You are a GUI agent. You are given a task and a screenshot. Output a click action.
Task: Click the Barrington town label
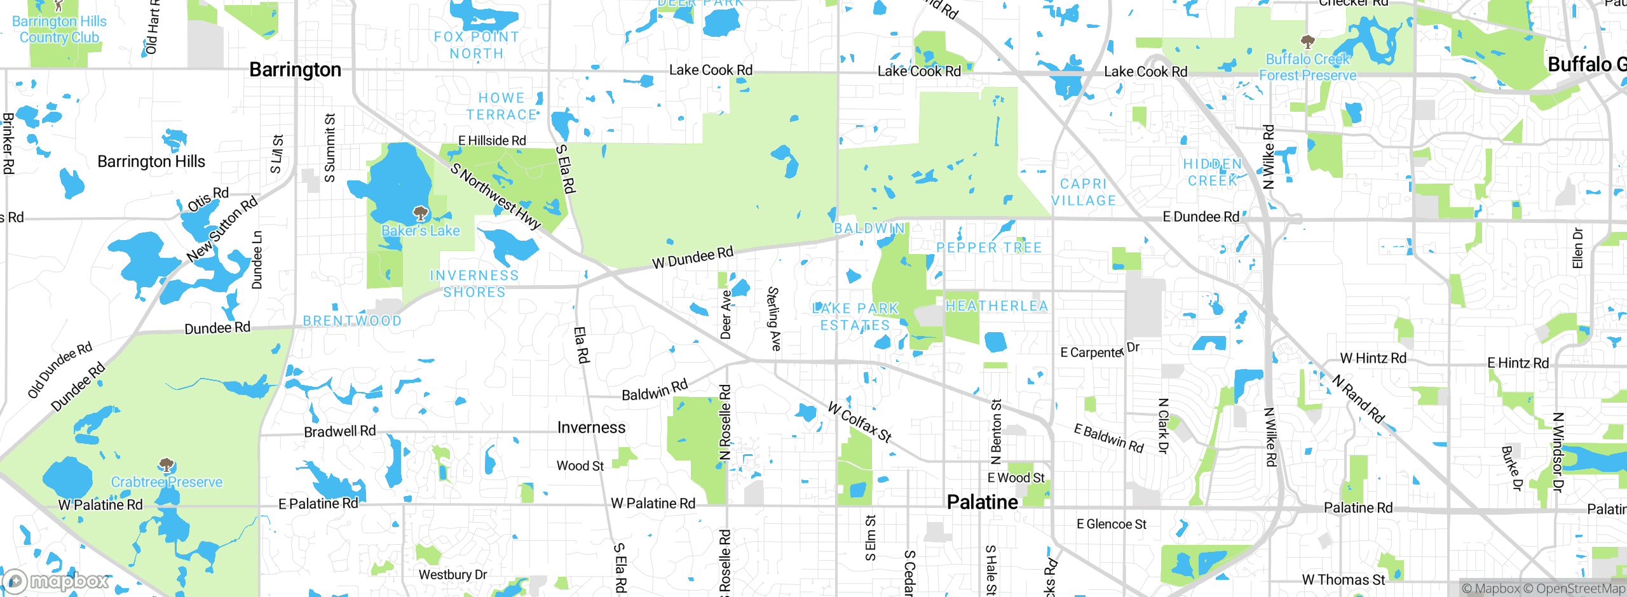pos(295,70)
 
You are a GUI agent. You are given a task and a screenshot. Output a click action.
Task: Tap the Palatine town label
pos(982,502)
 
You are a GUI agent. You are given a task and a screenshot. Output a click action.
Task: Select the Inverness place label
pos(591,427)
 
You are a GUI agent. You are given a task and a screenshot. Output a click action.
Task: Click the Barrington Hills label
pos(151,161)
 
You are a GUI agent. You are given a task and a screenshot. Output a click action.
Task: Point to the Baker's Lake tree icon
pos(420,213)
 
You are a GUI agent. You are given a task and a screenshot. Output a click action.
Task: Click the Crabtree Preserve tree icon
pos(167,466)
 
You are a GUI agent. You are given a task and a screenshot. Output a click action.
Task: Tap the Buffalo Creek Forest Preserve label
pos(1307,67)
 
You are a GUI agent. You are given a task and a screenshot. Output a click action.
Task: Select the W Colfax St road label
pos(860,422)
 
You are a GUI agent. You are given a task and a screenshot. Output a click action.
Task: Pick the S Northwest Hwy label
pos(495,196)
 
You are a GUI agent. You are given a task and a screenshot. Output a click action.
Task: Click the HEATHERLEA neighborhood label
pos(997,306)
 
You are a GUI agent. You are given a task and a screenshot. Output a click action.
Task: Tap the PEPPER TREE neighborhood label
pos(989,248)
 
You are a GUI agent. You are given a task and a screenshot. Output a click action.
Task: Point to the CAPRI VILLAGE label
pos(1084,192)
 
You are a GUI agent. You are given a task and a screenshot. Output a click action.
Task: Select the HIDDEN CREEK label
pos(1212,172)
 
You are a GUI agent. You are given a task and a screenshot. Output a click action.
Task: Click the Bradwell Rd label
pos(339,432)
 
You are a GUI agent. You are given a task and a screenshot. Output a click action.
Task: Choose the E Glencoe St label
pos(1111,524)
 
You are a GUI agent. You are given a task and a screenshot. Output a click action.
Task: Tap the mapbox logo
pos(56,581)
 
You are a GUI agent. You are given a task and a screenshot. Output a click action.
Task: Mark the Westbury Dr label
pos(453,575)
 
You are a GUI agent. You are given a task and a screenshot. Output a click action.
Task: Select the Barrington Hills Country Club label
pos(59,29)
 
